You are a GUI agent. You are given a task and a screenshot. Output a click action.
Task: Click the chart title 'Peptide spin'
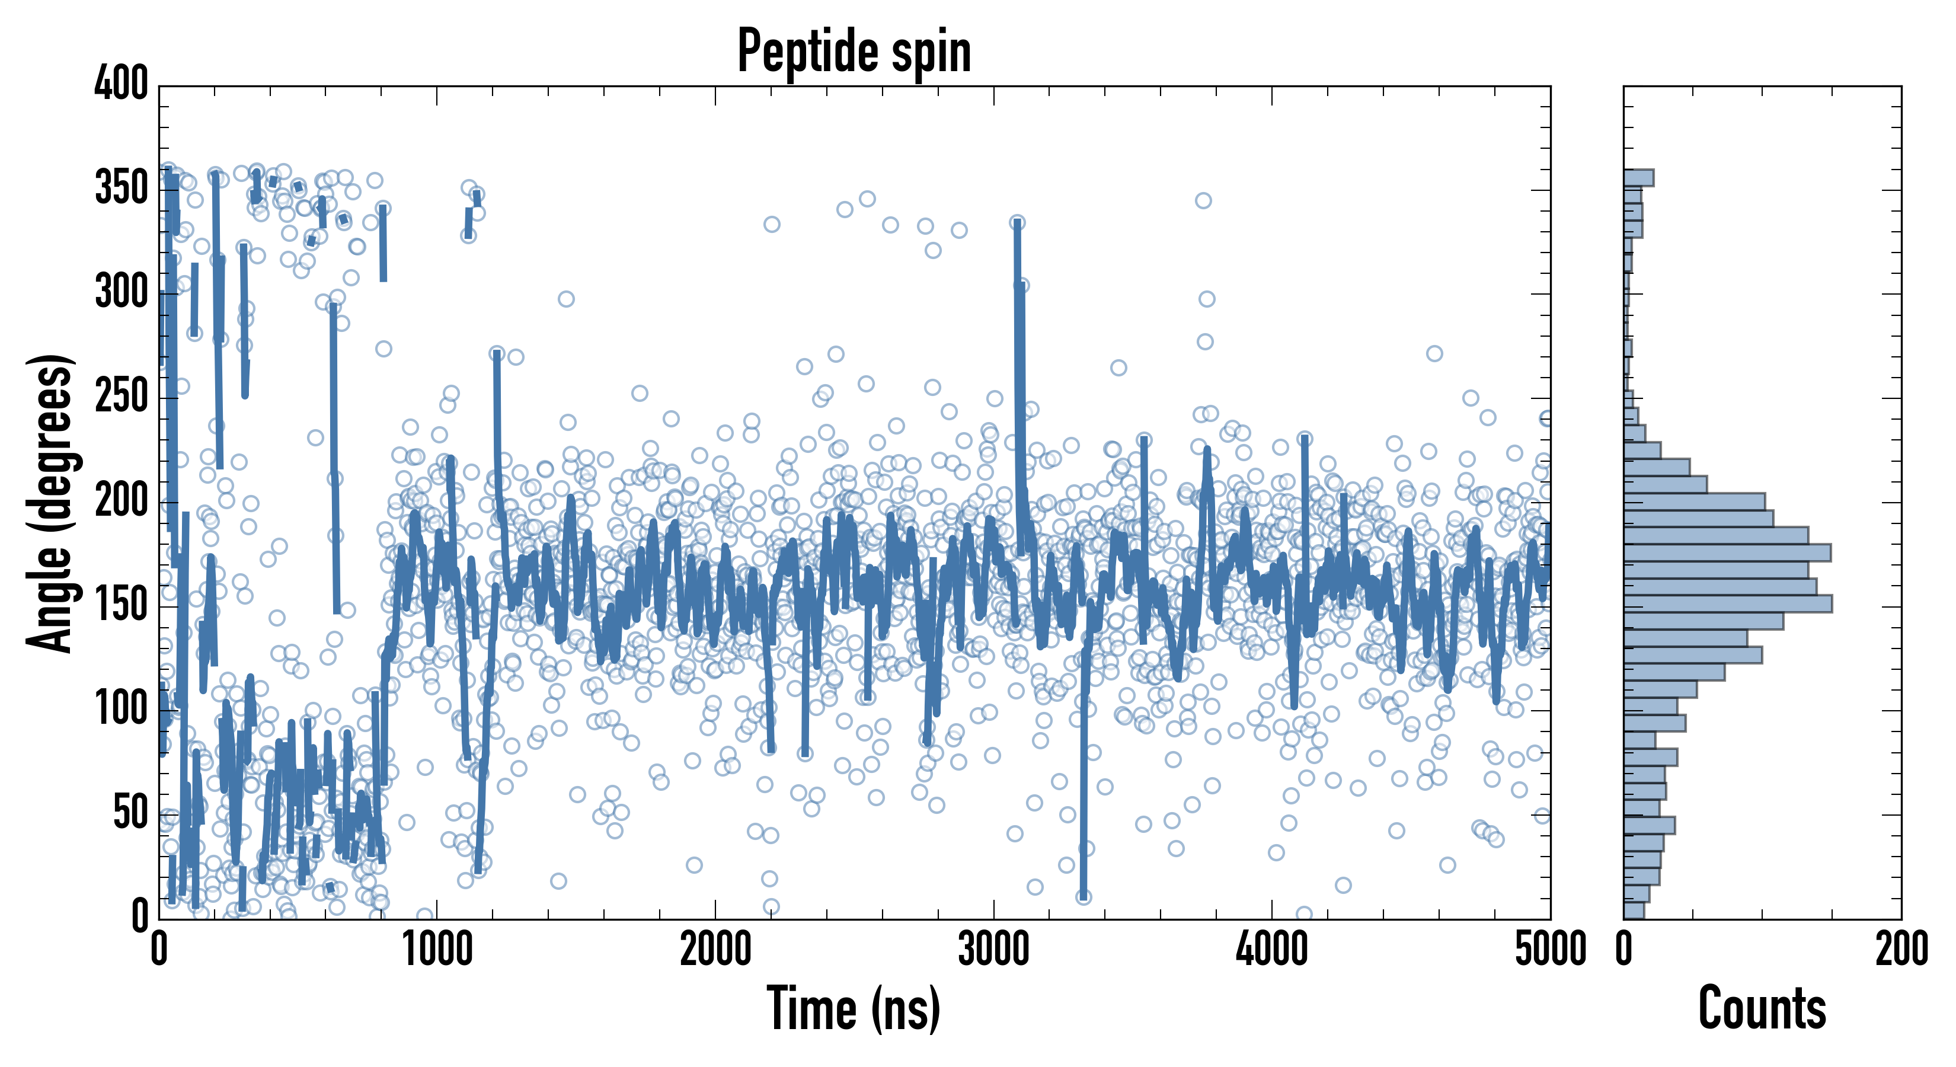point(854,52)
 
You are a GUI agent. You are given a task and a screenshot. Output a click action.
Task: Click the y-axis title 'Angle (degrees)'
point(50,503)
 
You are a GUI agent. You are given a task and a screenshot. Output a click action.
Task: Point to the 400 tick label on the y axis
point(122,84)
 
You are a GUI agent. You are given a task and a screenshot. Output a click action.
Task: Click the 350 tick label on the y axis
point(122,189)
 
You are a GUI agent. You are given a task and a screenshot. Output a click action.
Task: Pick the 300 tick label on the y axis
point(122,292)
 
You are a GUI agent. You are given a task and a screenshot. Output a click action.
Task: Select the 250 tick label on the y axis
point(122,397)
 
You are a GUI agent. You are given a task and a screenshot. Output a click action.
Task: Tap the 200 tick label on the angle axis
point(122,501)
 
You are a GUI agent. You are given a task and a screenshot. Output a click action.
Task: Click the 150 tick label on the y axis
point(122,605)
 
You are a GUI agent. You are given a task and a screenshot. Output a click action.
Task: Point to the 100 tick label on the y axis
point(122,710)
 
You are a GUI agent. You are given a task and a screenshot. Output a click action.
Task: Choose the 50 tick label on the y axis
point(130,813)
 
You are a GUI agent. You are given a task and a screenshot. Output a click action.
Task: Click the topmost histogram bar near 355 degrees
point(1639,178)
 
